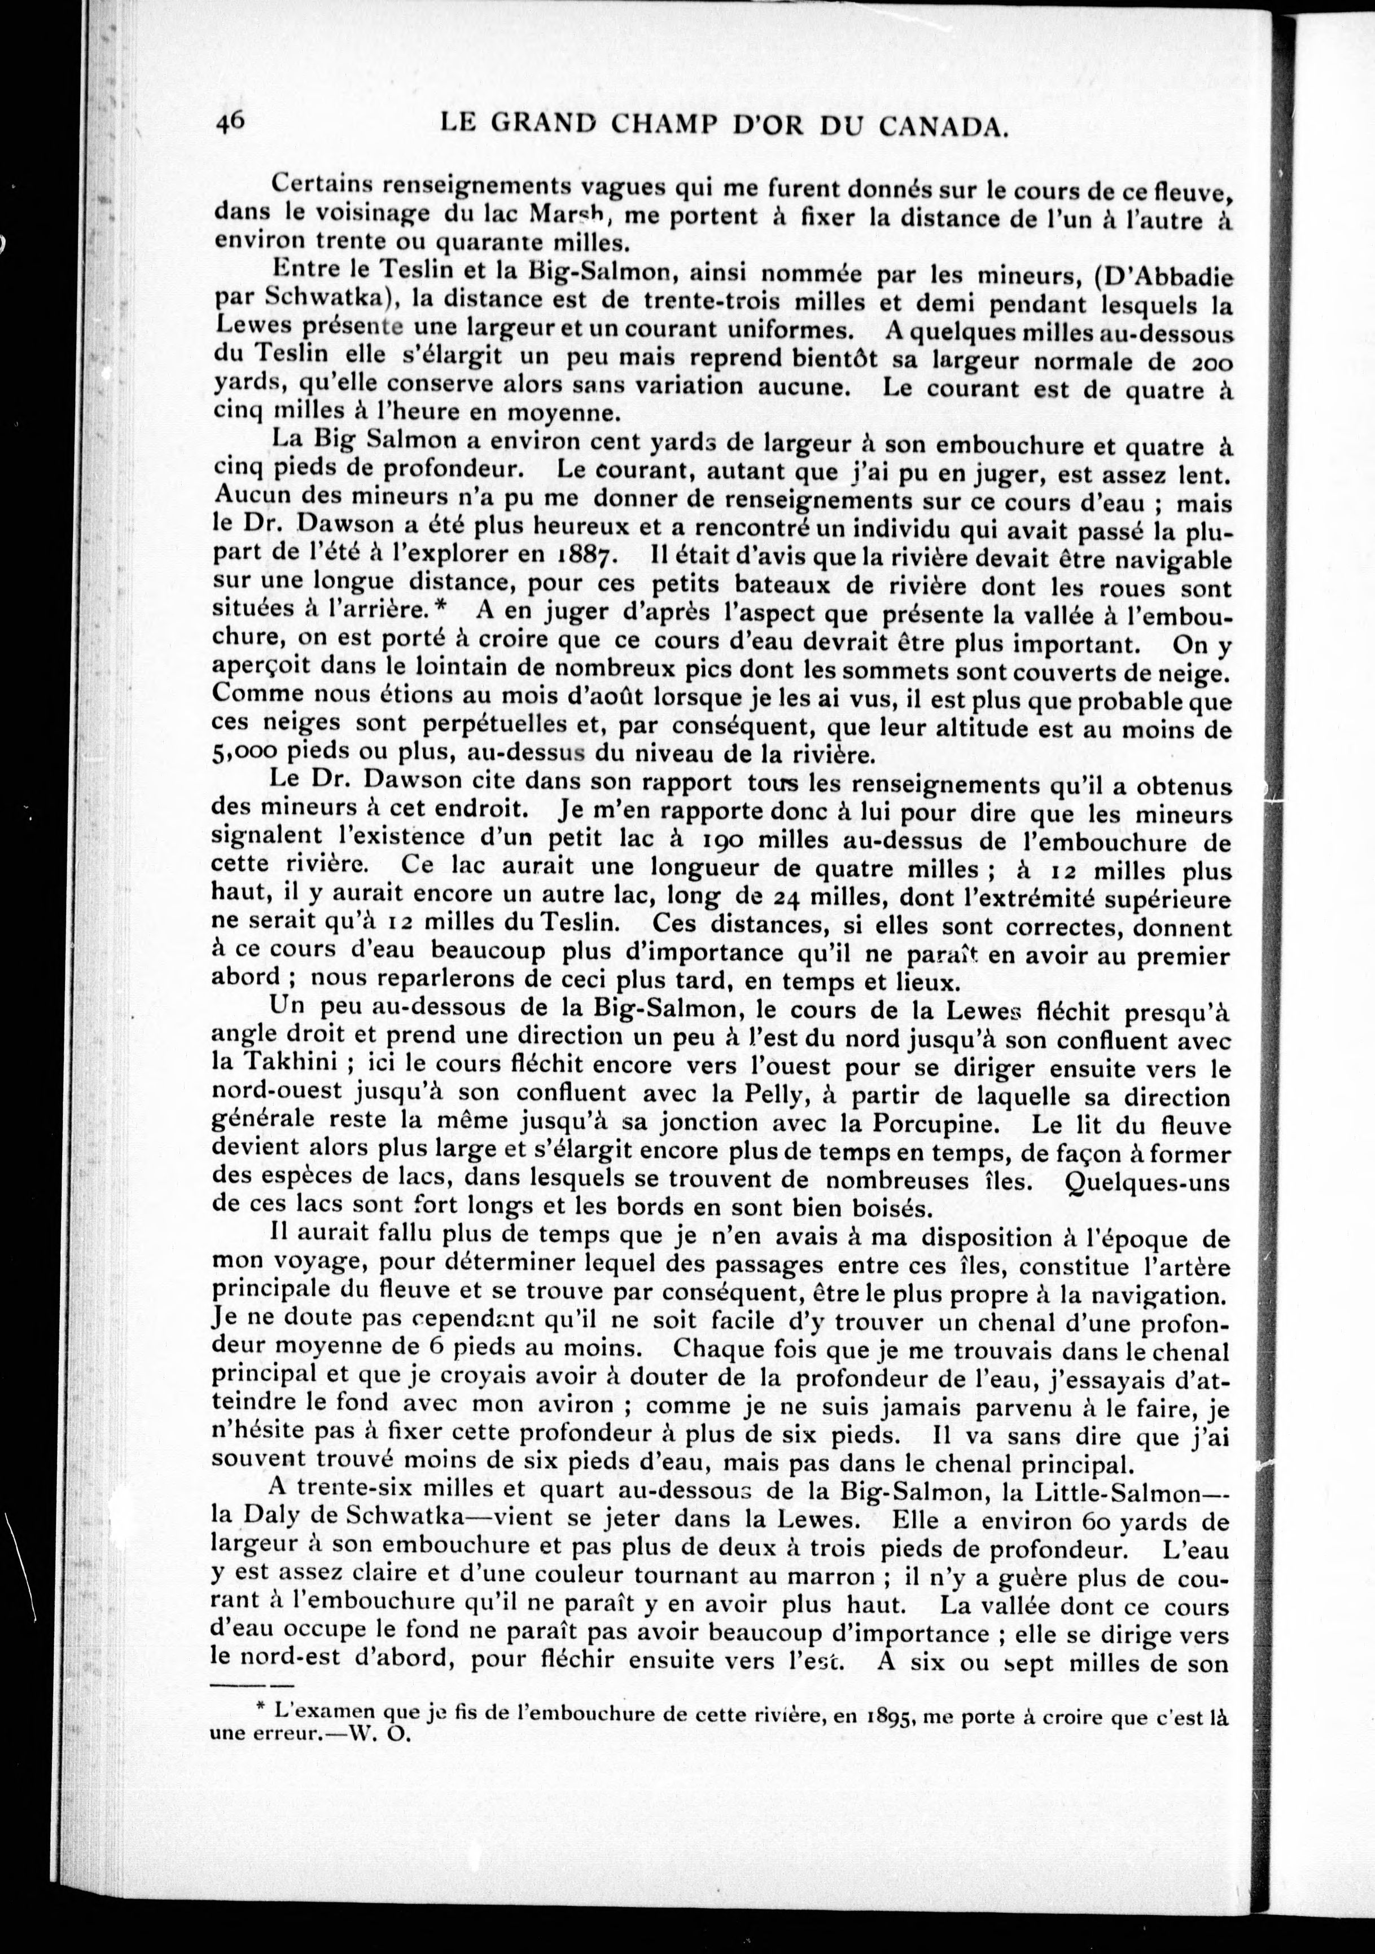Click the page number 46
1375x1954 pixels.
point(231,122)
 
